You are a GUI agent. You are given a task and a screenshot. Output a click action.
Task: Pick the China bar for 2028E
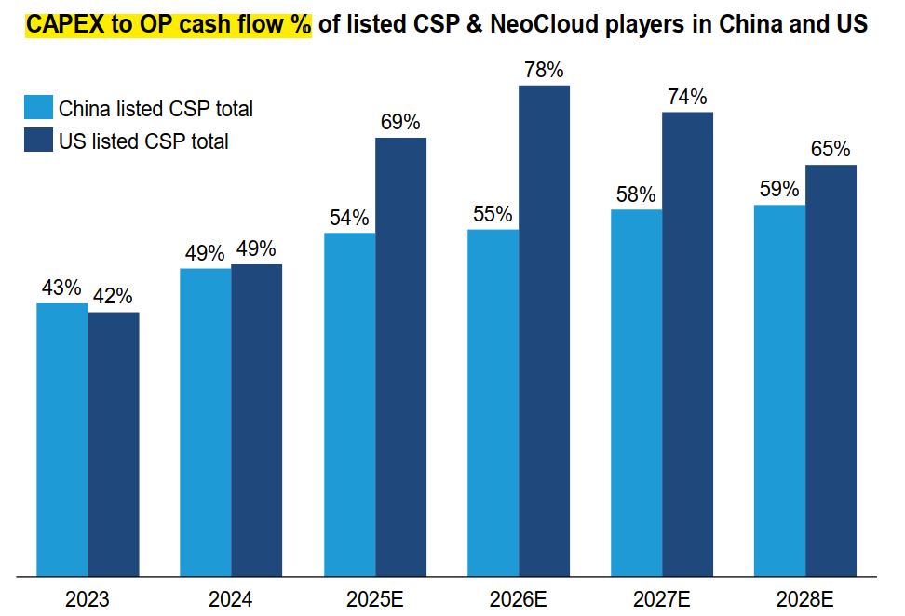(x=779, y=390)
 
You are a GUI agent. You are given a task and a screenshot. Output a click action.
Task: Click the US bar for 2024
(x=256, y=420)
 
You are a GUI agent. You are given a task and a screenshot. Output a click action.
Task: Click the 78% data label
(x=544, y=70)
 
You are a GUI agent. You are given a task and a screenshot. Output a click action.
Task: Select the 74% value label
(x=687, y=97)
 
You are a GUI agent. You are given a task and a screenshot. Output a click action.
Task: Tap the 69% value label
(x=400, y=122)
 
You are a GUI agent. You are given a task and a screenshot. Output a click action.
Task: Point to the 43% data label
(x=61, y=288)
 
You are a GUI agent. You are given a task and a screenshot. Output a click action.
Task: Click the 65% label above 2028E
(x=830, y=149)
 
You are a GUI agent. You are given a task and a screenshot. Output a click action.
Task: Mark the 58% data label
(x=636, y=194)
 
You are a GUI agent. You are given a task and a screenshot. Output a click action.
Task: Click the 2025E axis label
(x=374, y=598)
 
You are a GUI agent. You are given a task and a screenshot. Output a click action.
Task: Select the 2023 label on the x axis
(x=88, y=598)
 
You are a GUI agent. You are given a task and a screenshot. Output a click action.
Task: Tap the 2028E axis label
(x=804, y=598)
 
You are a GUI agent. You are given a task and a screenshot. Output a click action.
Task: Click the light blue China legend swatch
(x=38, y=107)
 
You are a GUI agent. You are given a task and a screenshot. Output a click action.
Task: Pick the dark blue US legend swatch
(x=38, y=141)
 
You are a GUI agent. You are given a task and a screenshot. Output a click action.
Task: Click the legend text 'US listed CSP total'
(x=143, y=141)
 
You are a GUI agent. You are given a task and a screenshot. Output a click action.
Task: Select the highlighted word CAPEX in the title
(x=61, y=25)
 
